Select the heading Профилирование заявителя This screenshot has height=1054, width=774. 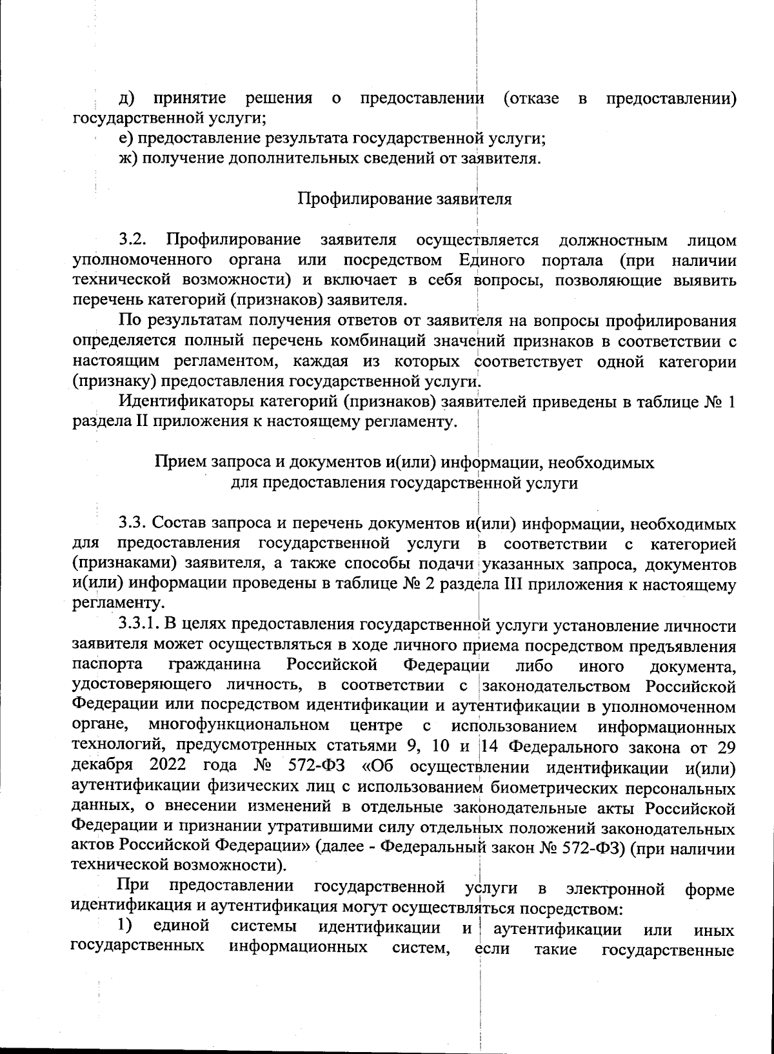(x=404, y=198)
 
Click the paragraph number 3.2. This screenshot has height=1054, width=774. (x=134, y=241)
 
